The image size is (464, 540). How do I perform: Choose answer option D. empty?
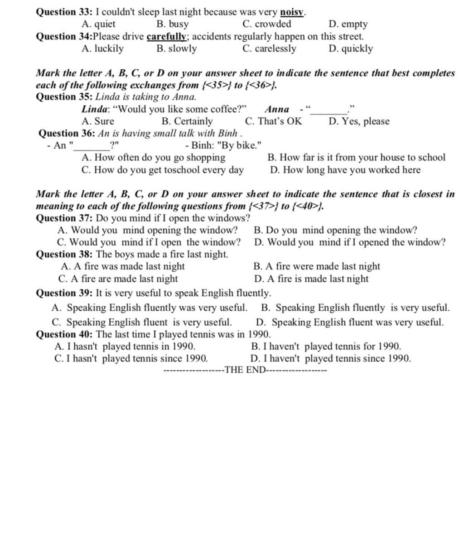[x=348, y=24]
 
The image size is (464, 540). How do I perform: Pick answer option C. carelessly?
[x=269, y=48]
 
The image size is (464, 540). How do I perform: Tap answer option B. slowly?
[x=177, y=48]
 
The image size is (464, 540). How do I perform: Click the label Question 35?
[x=64, y=96]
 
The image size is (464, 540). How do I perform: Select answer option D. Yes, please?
[x=359, y=121]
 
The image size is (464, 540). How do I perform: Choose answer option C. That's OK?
[x=273, y=121]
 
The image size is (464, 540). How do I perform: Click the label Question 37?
[x=64, y=218]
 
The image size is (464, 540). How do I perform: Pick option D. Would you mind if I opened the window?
[x=350, y=242]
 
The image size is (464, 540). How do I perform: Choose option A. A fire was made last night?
[x=123, y=266]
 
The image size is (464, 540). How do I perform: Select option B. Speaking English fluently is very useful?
[x=356, y=308]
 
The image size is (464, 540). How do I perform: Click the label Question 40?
[x=64, y=334]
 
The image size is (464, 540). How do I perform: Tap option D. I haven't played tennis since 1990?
[x=331, y=359]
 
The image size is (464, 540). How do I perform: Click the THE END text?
[x=245, y=370]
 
